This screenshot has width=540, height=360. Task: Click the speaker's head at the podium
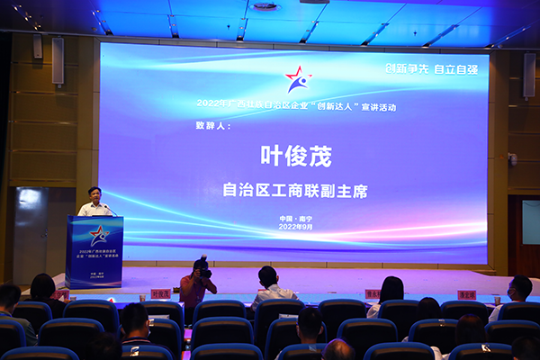pos(94,193)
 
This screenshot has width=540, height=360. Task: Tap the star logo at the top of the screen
pos(297,79)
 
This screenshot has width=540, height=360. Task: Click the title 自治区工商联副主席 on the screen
pos(295,191)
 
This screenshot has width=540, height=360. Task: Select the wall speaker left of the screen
pos(58,61)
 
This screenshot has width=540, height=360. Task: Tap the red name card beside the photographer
pos(160,293)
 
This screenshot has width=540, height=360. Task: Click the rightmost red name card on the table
pos(466,294)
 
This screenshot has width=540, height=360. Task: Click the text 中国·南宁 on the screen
pos(295,219)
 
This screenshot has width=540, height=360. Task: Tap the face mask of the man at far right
pos(515,294)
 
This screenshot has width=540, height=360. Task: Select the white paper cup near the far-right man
pos(496,300)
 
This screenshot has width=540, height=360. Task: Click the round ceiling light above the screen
pos(265,6)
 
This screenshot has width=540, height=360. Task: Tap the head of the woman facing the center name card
pos(391,289)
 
